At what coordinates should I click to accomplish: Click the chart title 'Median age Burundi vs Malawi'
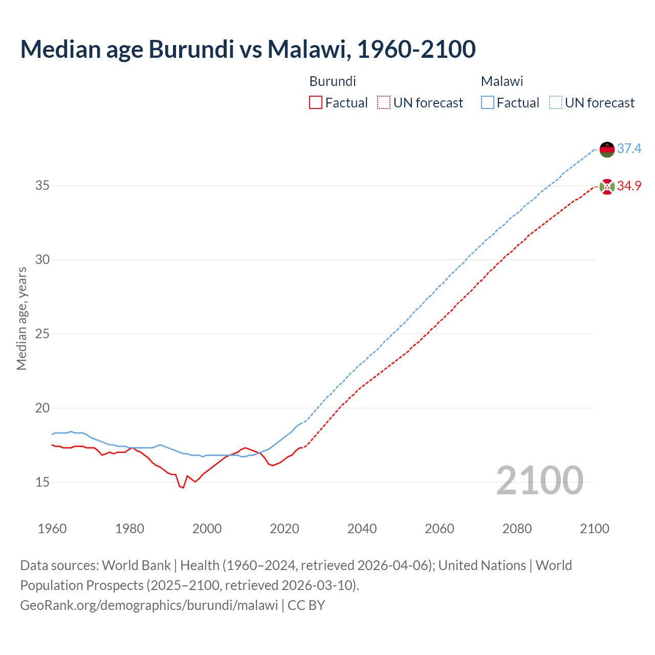(x=248, y=49)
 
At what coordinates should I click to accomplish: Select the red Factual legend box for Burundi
(x=316, y=103)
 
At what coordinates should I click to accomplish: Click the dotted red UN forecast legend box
(x=383, y=103)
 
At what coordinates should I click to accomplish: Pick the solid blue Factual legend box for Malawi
(x=487, y=103)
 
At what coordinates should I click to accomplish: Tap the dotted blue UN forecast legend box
(x=555, y=103)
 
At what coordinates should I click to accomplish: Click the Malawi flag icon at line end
(x=607, y=149)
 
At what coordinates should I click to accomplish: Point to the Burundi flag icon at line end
(x=607, y=187)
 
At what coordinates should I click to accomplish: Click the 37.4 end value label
(x=629, y=149)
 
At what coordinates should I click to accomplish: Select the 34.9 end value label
(x=629, y=186)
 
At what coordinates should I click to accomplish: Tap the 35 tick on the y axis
(x=42, y=185)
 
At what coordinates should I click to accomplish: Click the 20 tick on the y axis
(x=42, y=408)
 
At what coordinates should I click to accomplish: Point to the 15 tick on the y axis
(x=42, y=482)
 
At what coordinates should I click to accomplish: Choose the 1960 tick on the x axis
(x=52, y=529)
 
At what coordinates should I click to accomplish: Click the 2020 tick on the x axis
(x=285, y=529)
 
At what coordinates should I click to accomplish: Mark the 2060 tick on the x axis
(x=440, y=529)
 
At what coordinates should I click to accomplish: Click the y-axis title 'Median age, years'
(x=21, y=318)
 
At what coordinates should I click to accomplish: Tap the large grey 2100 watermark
(x=539, y=480)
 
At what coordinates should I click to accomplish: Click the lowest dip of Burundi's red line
(x=183, y=488)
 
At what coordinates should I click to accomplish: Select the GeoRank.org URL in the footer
(x=149, y=605)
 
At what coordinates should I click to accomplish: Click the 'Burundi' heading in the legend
(x=333, y=81)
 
